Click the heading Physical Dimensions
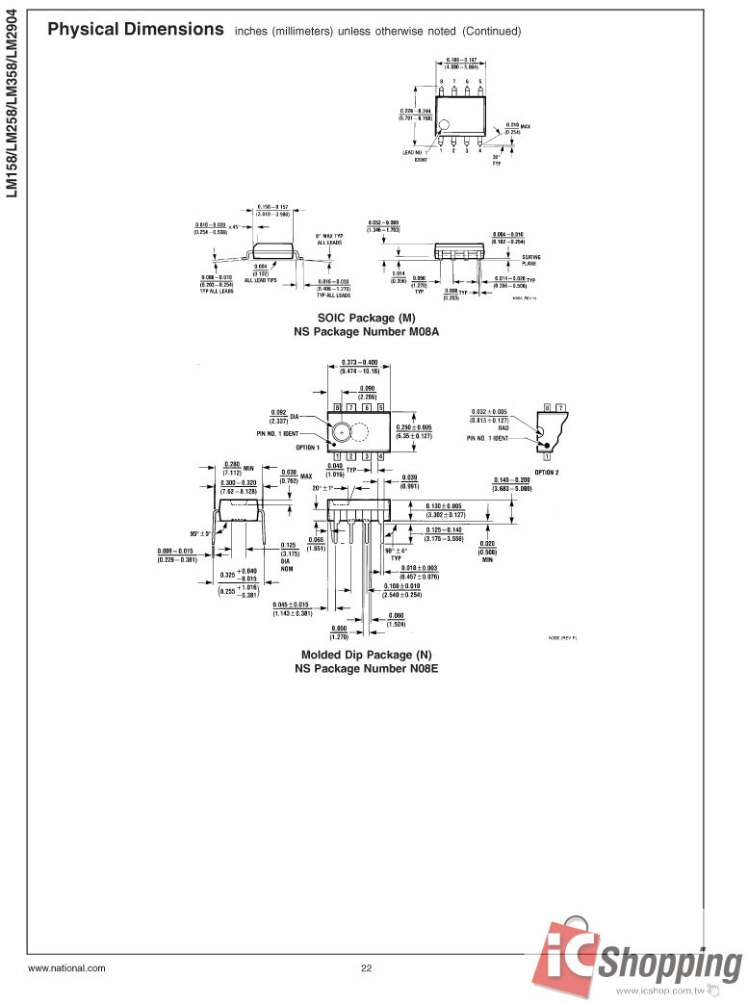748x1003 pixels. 136,29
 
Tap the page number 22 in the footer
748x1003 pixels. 366,968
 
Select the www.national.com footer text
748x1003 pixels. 66,968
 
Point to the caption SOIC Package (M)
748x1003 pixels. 367,318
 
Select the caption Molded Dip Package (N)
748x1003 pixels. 367,655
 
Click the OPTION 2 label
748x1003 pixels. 546,472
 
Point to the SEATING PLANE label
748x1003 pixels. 530,260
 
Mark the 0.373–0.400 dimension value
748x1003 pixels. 359,363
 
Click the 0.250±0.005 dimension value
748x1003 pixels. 414,427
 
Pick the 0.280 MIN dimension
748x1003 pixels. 238,466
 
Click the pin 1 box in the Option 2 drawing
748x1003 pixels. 547,455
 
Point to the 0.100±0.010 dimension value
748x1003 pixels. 403,586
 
